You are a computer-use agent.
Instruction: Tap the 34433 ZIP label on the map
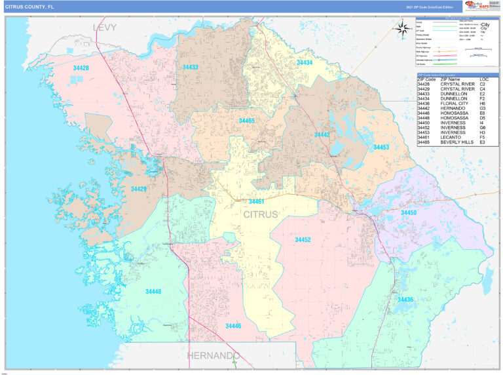click(190, 68)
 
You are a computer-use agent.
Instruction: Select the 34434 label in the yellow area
click(305, 63)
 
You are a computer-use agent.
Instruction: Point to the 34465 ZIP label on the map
click(246, 121)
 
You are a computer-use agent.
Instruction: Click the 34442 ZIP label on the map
click(322, 134)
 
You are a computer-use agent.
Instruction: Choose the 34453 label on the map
click(381, 148)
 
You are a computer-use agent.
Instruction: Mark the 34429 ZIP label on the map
click(138, 189)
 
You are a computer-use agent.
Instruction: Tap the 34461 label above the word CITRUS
click(256, 201)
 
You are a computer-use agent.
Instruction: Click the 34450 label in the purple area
click(408, 213)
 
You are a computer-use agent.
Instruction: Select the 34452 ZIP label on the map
click(303, 240)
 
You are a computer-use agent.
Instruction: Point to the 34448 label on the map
click(153, 291)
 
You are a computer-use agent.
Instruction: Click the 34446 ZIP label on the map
click(233, 326)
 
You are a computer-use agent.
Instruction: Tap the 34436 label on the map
click(405, 300)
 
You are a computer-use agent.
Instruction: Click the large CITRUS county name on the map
click(261, 214)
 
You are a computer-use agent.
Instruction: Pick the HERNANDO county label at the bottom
click(214, 355)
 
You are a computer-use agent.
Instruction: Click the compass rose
click(401, 27)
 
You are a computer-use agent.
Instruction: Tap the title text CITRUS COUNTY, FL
click(30, 7)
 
